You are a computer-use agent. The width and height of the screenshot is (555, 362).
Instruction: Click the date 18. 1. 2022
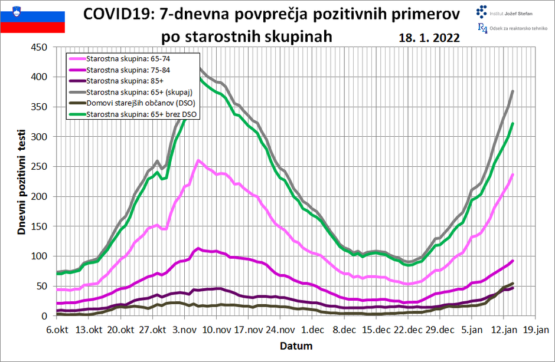pos(429,38)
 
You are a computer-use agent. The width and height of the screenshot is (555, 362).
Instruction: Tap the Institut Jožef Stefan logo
pos(507,11)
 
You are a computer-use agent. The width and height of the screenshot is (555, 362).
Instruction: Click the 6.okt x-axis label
pos(57,330)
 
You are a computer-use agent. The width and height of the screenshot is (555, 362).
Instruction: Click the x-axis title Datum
pos(296,345)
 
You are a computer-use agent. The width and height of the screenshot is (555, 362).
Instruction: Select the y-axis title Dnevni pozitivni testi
pos(22,182)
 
